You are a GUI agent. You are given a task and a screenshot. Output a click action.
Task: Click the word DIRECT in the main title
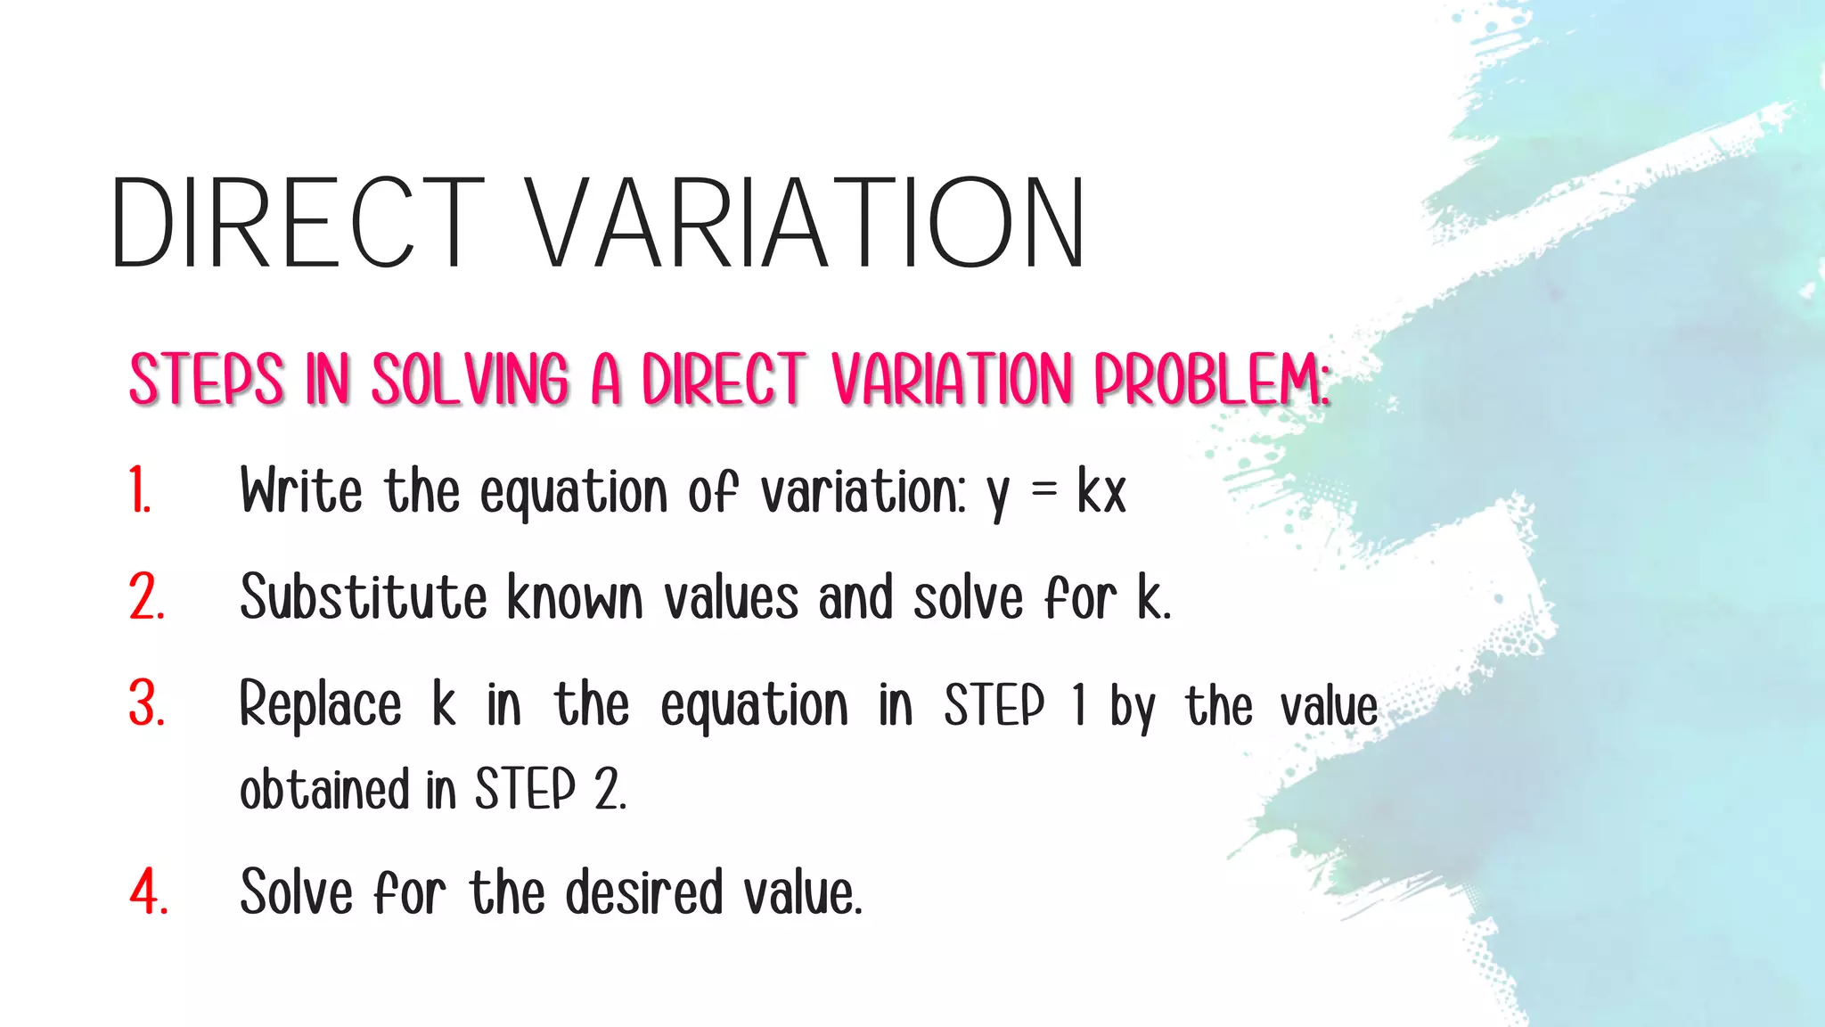[x=298, y=223]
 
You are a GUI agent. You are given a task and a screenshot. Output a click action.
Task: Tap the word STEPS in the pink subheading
[x=207, y=380]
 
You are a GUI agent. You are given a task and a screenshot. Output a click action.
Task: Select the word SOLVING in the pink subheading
[x=470, y=380]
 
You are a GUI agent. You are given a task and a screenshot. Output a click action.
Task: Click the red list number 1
[x=140, y=491]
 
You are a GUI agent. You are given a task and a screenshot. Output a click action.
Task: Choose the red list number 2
[x=147, y=597]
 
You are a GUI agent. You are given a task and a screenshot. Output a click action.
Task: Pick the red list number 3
[x=147, y=704]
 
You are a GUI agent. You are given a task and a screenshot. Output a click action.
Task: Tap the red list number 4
[x=149, y=891]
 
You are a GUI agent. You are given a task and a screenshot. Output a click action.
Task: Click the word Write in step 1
[x=301, y=491]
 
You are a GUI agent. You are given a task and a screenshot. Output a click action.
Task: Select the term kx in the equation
[x=1101, y=491]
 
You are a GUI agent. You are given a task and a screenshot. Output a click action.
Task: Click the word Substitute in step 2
[x=364, y=597]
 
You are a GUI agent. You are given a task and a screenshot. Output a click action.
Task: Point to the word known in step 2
[x=575, y=597]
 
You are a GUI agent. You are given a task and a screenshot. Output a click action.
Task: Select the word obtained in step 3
[x=324, y=790]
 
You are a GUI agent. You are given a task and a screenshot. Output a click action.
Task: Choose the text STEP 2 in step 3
[x=550, y=790]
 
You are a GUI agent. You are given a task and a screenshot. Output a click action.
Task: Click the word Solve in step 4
[x=297, y=891]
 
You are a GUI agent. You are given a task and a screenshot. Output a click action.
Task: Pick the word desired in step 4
[x=644, y=891]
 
